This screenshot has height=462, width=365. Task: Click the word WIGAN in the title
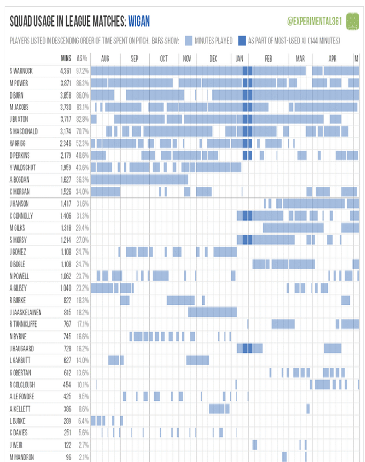[x=139, y=21]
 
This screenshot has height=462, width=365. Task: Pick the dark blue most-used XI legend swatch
[x=242, y=40]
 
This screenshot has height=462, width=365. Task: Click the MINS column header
[x=66, y=58]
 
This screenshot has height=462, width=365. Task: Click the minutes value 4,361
[x=66, y=70]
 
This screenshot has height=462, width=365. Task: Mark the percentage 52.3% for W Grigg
[x=83, y=143]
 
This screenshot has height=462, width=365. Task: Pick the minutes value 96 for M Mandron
[x=69, y=457]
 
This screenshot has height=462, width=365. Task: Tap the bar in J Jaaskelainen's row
[x=212, y=312]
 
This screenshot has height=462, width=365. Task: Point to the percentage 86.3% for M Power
[x=83, y=82]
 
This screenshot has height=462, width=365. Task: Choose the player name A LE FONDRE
[x=26, y=396]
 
